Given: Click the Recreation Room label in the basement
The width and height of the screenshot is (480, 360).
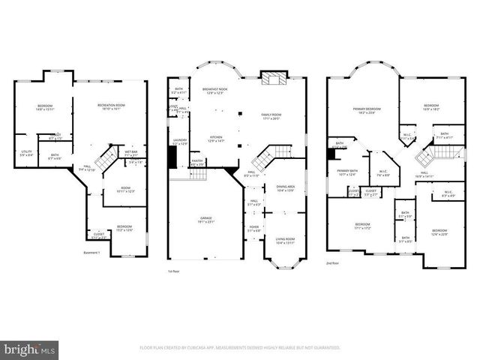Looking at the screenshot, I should [x=109, y=106].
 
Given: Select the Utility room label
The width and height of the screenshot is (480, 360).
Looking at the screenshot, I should [x=27, y=153].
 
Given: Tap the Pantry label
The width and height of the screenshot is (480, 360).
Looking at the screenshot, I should [x=197, y=162].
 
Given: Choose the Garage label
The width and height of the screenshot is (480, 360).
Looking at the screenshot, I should [x=205, y=220].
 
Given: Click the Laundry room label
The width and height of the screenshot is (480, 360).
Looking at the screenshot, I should [x=179, y=141].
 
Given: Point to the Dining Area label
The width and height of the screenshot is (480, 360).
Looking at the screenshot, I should [x=286, y=188].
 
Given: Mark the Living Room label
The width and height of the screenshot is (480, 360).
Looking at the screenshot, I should [x=286, y=241].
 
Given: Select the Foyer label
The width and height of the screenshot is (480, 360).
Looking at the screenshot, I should [x=254, y=229].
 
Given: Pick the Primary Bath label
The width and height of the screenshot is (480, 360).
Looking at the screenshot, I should [x=347, y=173].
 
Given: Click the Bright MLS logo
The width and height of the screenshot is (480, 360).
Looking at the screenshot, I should [x=30, y=349].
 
